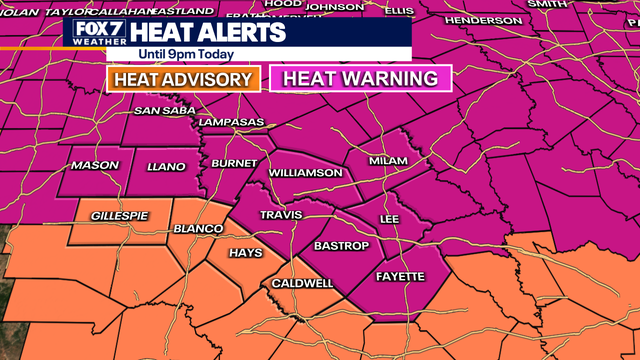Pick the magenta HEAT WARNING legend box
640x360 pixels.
(361, 78)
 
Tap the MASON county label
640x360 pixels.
(94, 165)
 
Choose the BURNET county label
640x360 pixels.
(235, 163)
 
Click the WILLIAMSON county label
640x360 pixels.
(305, 172)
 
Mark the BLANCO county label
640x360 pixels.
(199, 229)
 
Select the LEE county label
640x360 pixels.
(389, 218)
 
